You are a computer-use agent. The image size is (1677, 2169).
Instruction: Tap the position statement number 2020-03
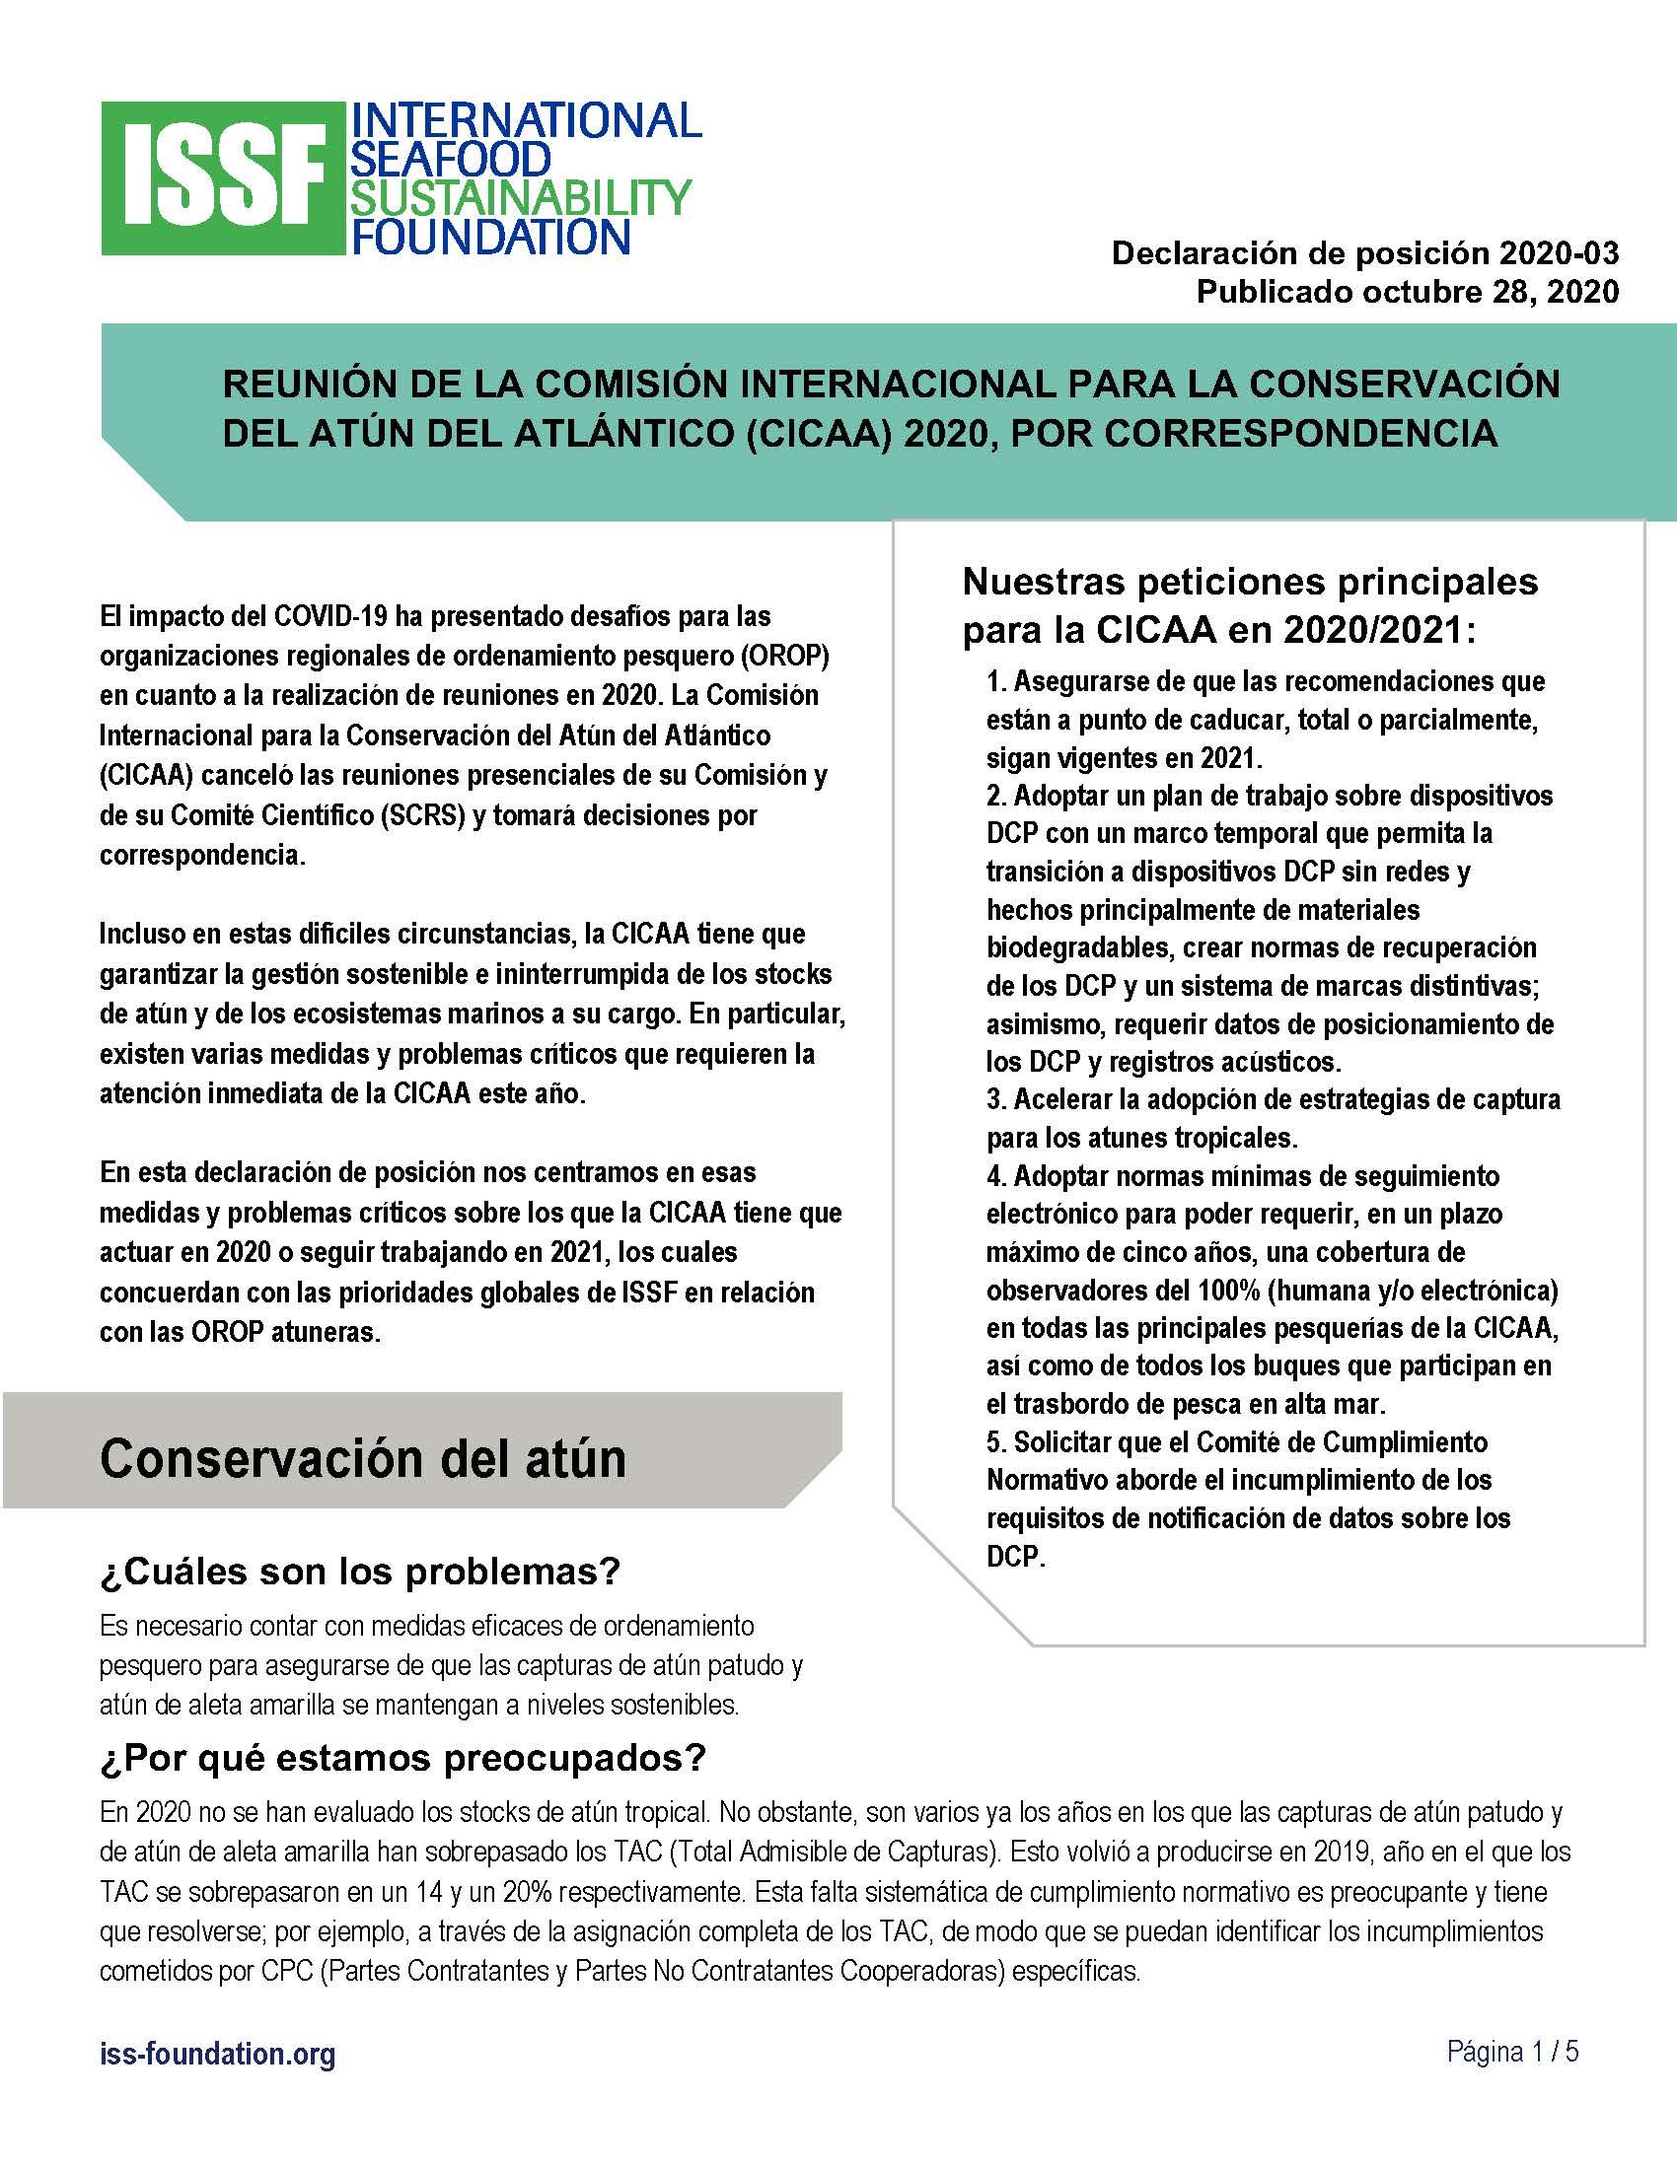[x=1559, y=253]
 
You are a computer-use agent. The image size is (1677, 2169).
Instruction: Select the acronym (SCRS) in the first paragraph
[x=413, y=815]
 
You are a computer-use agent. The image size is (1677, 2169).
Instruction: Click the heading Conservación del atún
[x=363, y=1458]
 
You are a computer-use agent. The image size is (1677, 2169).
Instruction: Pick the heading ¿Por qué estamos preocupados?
[x=402, y=1758]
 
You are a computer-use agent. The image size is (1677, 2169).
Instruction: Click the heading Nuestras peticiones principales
[x=1250, y=582]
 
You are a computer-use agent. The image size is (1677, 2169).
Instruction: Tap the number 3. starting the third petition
[x=997, y=1099]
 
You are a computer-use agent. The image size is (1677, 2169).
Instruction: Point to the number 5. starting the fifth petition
[x=997, y=1441]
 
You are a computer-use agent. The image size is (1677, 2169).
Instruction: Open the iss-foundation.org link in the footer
[x=218, y=2054]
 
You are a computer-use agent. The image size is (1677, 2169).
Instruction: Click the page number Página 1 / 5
[x=1512, y=2052]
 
